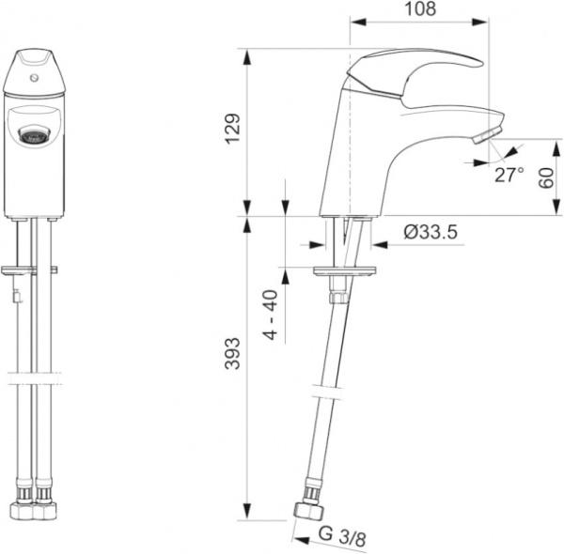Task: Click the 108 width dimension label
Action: click(x=420, y=8)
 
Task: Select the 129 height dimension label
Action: click(x=232, y=129)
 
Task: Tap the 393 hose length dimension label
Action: click(x=232, y=353)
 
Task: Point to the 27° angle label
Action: click(x=509, y=175)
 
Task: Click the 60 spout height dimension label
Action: click(x=546, y=177)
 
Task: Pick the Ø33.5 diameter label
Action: click(x=431, y=232)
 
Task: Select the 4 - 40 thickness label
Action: click(x=272, y=315)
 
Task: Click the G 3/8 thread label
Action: click(x=342, y=535)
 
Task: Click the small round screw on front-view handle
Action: click(x=35, y=77)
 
